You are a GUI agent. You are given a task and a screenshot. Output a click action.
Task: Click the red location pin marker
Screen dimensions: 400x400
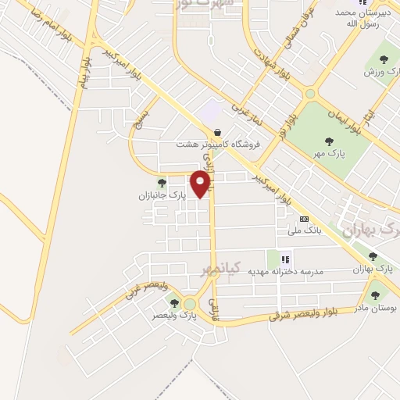click(202, 184)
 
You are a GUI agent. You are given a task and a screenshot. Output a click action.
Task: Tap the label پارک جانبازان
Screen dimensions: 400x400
click(162, 195)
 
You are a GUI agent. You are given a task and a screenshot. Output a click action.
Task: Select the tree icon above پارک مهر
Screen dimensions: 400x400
click(330, 141)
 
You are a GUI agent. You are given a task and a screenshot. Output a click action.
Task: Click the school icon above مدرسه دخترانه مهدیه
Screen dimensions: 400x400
click(285, 259)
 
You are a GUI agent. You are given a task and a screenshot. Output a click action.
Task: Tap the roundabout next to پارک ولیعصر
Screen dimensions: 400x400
click(190, 304)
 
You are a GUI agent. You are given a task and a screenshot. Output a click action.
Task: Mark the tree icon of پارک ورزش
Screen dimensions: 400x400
click(383, 60)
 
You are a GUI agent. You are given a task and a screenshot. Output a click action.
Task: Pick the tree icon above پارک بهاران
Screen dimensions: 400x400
click(373, 256)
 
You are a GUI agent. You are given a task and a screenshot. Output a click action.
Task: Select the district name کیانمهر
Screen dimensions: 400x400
click(207, 270)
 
